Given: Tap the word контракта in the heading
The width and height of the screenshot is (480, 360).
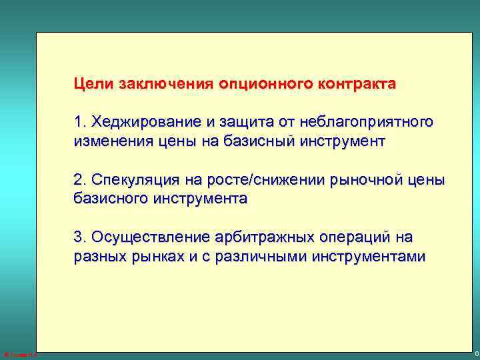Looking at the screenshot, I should pos(357,85).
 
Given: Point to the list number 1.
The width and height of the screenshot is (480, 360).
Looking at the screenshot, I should pos(81,123).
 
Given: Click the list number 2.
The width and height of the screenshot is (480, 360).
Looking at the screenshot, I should pos(81,181).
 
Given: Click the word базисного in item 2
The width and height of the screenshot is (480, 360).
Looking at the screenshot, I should pos(111,199).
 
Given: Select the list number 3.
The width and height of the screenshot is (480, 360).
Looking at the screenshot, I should pos(81,238).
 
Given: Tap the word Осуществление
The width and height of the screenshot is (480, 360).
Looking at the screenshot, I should pos(151,238).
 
